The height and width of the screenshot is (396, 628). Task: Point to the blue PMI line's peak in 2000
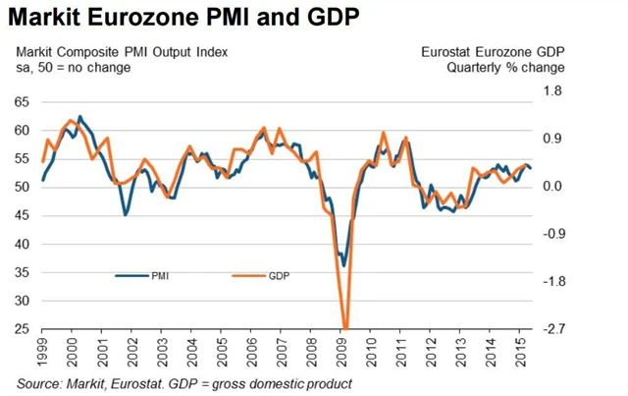click(x=79, y=116)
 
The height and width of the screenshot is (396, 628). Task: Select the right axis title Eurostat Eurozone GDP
click(x=492, y=51)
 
